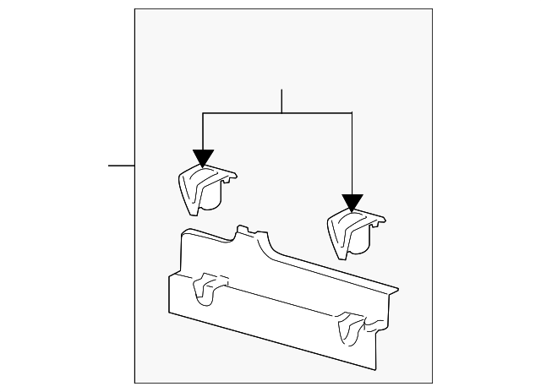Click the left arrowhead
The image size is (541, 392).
pyautogui.click(x=203, y=158)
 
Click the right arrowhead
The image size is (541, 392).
pyautogui.click(x=352, y=203)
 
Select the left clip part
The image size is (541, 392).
pyautogui.click(x=203, y=187)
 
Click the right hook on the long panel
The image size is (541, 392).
pyautogui.click(x=348, y=328)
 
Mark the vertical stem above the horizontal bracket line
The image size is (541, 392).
pyautogui.click(x=281, y=101)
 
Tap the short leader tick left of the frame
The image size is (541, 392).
pyautogui.click(x=122, y=165)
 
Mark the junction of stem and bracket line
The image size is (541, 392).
pyautogui.click(x=281, y=112)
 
